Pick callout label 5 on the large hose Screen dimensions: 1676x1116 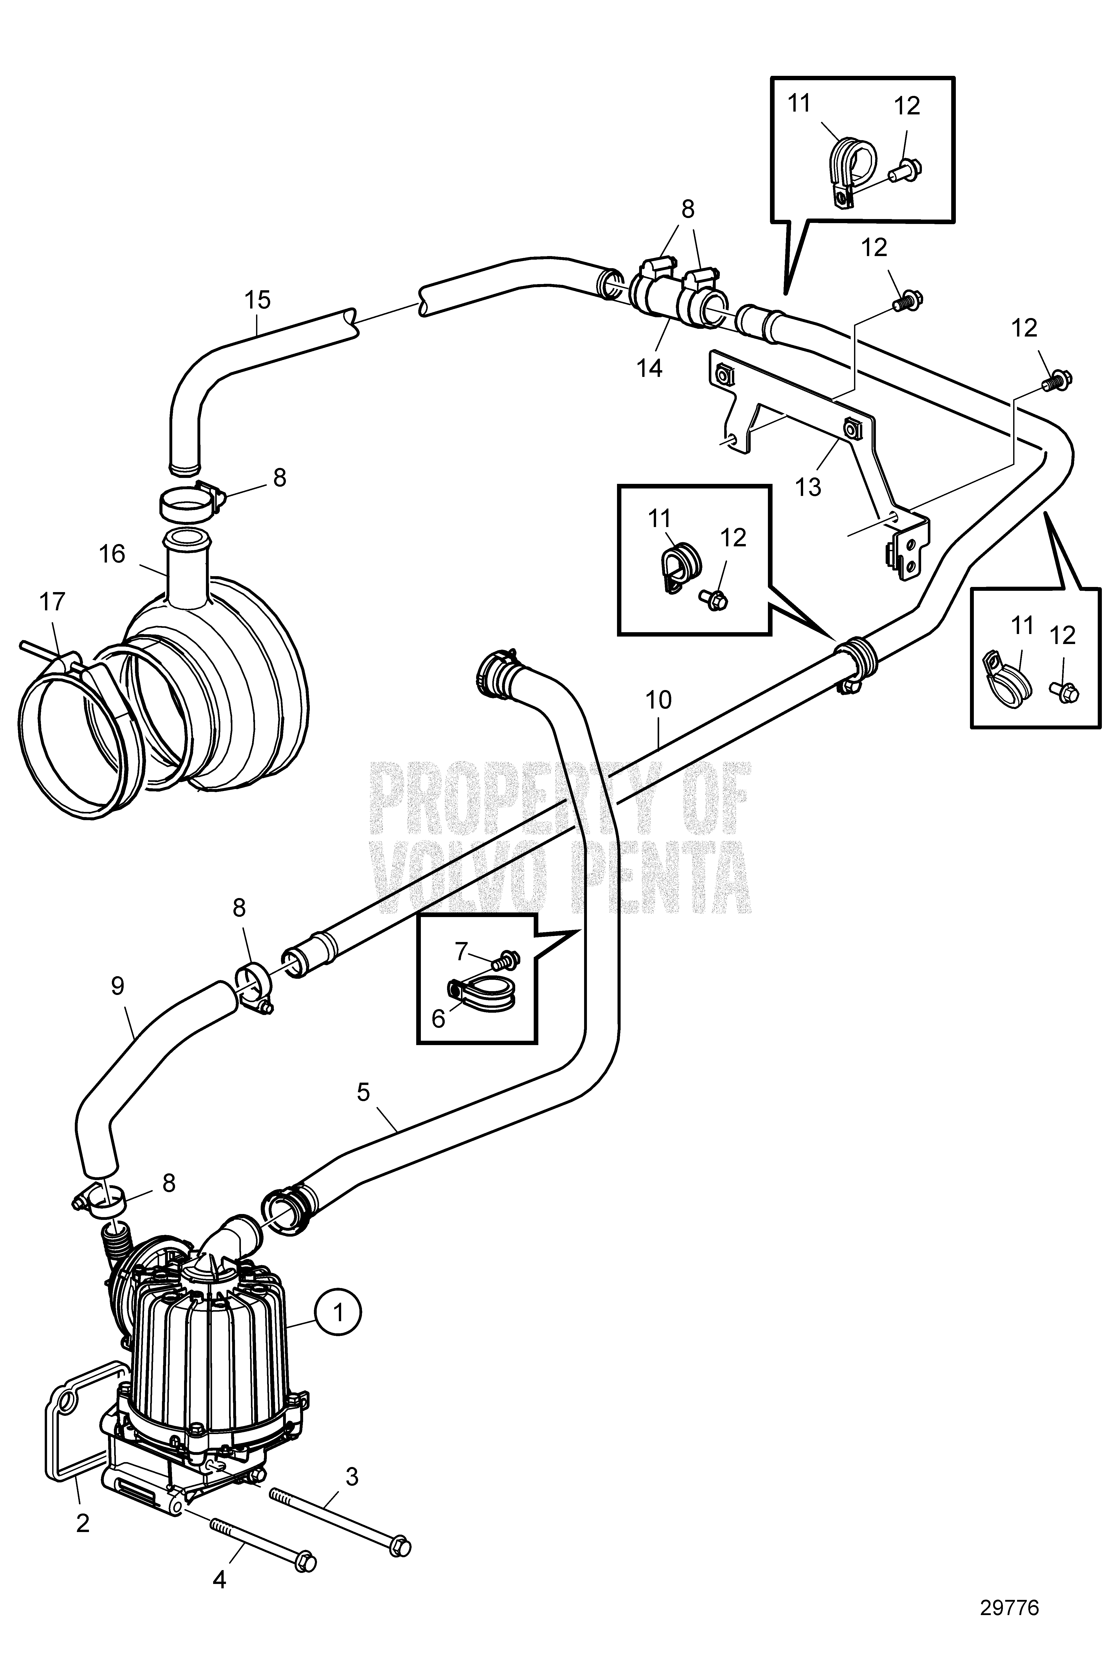tap(364, 1112)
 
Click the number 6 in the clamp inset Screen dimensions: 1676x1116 tap(438, 1018)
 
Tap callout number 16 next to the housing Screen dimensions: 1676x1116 tap(112, 554)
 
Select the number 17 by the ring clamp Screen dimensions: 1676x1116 tap(53, 602)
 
